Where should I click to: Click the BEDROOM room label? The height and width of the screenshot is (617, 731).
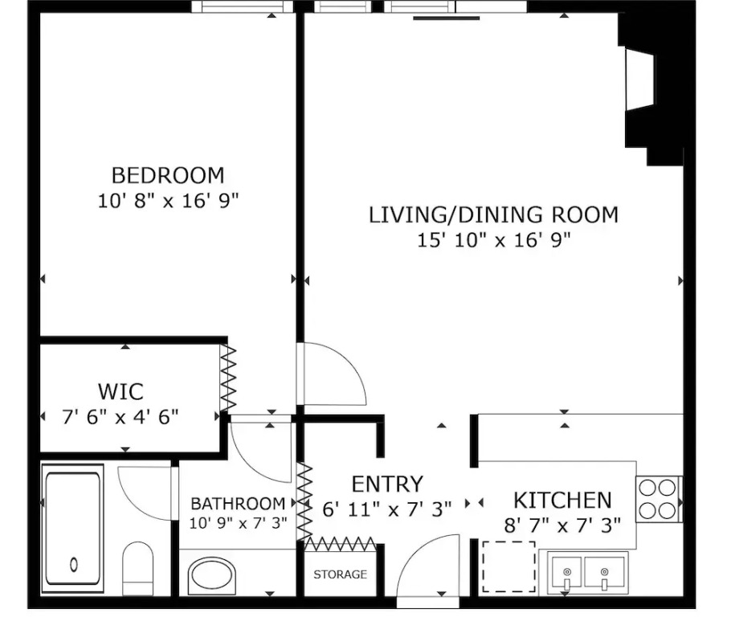coord(168,175)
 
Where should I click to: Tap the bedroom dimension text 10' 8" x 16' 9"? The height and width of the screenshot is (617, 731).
coord(168,201)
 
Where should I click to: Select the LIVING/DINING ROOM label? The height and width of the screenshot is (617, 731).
coord(494,215)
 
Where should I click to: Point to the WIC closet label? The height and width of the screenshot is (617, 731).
coord(120,391)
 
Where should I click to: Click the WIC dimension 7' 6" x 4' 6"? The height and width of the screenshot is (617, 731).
coord(120,416)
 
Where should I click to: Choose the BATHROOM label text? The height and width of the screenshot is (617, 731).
coord(238,504)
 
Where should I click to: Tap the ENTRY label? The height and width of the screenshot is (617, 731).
coord(387,484)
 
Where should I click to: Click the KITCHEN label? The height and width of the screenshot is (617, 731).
coord(562,501)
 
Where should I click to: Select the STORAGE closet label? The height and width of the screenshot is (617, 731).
coord(340,574)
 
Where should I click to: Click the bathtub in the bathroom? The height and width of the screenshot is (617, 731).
coord(73,529)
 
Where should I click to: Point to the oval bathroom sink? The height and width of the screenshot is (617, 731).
coord(212,576)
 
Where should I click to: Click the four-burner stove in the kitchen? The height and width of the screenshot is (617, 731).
coord(658,499)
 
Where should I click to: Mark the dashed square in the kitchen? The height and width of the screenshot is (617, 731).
coord(508,566)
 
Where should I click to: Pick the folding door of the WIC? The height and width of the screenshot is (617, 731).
coord(228,378)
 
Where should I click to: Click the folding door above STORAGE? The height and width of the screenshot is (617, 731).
coord(340,544)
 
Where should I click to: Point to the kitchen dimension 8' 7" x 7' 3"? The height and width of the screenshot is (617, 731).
coord(562,525)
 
